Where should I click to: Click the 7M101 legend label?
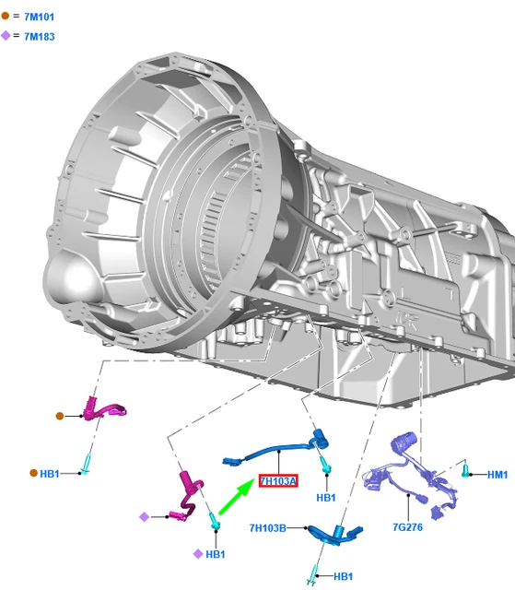pos(39,17)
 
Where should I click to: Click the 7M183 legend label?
pos(39,37)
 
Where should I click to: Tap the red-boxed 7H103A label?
pos(278,481)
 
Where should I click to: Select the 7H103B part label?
pos(268,528)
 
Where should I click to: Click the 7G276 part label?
pos(407,527)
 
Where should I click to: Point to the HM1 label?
pos(497,475)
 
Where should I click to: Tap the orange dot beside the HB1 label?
pos(33,473)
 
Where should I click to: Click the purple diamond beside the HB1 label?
pos(198,554)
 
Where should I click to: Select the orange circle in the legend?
pos(6,16)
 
